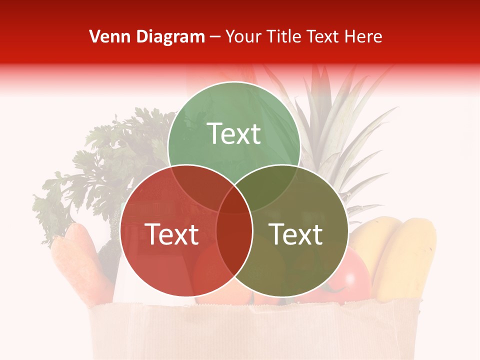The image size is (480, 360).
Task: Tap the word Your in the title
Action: tap(244, 36)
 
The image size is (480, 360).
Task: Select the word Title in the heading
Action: tap(284, 36)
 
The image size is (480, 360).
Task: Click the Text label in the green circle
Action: tap(234, 133)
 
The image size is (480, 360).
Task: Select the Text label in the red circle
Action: tap(171, 234)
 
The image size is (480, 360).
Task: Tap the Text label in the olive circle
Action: tap(296, 234)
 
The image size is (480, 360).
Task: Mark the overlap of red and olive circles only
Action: tap(234, 245)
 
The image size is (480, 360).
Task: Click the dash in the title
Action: tap(215, 36)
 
